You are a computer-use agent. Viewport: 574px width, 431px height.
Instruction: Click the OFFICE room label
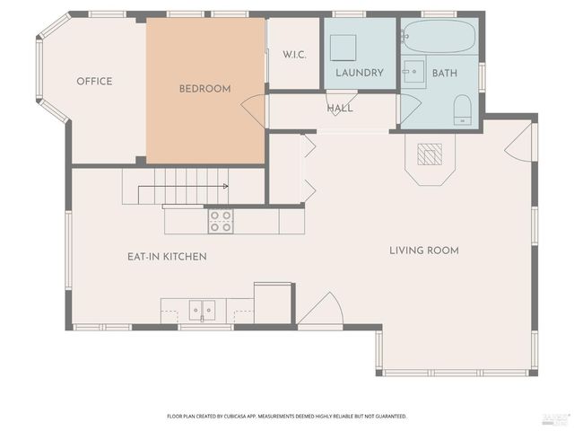pos(94,82)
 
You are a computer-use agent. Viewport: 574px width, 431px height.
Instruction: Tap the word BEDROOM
pos(204,89)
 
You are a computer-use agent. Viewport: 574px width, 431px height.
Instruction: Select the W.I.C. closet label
pos(294,55)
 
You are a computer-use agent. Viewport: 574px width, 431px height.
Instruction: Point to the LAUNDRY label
pos(360,73)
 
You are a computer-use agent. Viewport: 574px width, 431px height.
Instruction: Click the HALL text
pos(340,109)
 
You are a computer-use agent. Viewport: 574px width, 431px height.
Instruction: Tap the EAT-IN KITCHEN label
pos(167,257)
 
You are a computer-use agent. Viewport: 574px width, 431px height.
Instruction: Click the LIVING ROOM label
pos(423,251)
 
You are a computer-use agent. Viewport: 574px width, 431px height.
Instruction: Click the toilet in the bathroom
pos(462,110)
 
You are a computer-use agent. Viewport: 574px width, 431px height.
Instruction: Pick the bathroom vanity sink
pos(413,73)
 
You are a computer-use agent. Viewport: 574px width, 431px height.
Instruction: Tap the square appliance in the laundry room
pos(343,46)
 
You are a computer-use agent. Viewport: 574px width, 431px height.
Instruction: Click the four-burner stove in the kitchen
pos(221,220)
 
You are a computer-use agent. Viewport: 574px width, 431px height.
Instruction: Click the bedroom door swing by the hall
pos(255,110)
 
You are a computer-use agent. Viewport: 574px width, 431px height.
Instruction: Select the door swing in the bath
pos(409,109)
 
